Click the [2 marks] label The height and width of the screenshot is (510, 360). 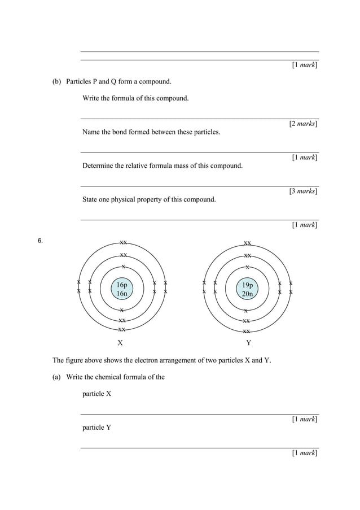click(303, 124)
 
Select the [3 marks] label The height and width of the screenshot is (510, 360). click(303, 191)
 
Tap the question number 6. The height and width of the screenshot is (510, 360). click(40, 241)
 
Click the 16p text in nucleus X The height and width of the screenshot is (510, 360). click(122, 285)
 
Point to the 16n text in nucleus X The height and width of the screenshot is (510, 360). click(122, 294)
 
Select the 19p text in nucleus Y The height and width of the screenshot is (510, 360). click(247, 285)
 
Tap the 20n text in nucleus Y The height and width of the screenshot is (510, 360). click(247, 294)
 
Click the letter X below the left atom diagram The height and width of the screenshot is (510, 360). click(120, 343)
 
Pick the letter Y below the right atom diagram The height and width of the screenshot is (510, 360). click(248, 343)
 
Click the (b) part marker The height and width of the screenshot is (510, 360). click(57, 81)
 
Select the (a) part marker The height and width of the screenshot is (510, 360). click(57, 377)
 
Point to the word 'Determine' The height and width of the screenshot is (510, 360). click(98, 166)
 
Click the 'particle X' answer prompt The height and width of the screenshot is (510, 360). click(96, 394)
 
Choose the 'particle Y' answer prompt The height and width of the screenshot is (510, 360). click(96, 428)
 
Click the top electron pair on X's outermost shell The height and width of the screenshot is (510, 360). click(122, 243)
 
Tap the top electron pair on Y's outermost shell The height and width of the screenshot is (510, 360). click(247, 243)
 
